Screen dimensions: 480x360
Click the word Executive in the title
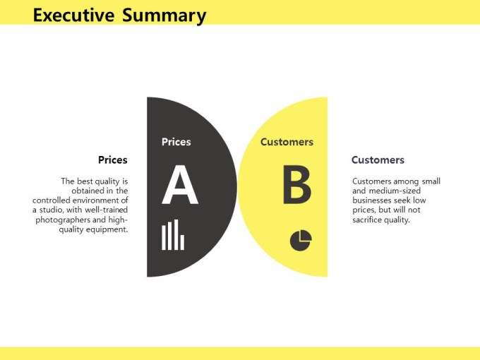tap(73, 15)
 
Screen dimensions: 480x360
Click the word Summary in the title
tap(164, 16)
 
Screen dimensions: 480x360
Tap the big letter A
tap(180, 185)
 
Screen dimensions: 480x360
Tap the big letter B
tap(297, 185)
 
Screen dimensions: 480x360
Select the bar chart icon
tap(173, 235)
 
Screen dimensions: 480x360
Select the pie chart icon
tap(301, 241)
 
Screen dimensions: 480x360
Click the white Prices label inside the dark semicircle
tap(176, 142)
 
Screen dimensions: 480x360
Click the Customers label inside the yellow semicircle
tap(287, 142)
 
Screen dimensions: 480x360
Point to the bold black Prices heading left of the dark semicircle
tap(113, 160)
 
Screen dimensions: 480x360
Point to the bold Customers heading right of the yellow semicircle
tap(378, 160)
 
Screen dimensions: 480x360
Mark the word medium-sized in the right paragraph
tap(395, 191)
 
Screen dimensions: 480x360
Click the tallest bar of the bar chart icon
tap(176, 235)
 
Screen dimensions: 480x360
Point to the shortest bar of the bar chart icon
tap(182, 242)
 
